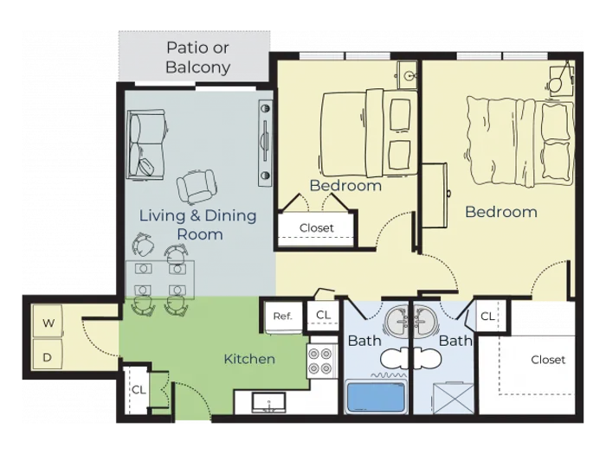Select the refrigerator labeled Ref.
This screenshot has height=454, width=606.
(283, 317)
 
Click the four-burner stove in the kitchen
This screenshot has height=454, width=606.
(320, 361)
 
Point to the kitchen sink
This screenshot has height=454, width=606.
(268, 402)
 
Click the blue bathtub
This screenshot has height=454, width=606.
(376, 396)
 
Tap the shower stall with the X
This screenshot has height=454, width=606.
(453, 399)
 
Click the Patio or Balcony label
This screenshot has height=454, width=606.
(198, 57)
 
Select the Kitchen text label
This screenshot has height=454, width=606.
(249, 359)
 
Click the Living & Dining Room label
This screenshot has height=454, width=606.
(198, 225)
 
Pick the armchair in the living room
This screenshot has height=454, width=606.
(197, 187)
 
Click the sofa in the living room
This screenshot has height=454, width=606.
(146, 144)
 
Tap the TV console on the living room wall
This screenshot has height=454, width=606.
(266, 144)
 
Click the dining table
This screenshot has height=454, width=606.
(160, 279)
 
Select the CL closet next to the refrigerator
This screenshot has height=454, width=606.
(323, 315)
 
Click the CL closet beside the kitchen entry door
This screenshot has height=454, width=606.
(138, 389)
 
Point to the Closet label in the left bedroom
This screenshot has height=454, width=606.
(317, 227)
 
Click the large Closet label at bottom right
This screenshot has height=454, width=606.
(548, 360)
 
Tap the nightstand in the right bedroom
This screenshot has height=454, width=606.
(562, 80)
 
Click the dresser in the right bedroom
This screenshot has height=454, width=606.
(435, 195)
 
